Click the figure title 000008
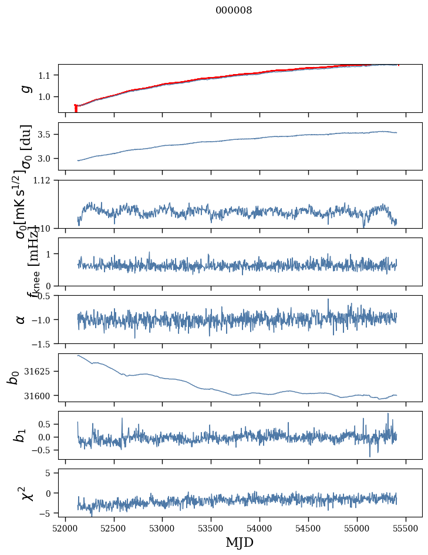point(234,11)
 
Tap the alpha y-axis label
point(21,319)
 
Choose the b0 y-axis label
point(13,377)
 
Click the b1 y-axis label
point(21,435)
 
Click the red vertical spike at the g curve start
point(76,109)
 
